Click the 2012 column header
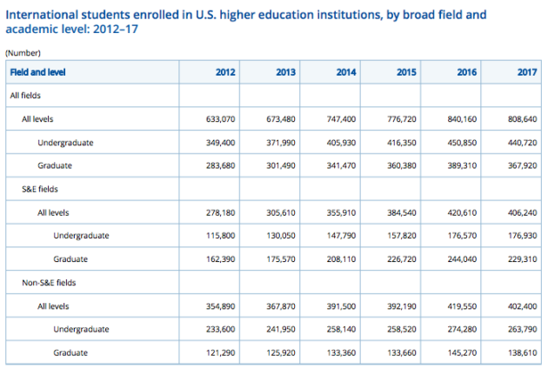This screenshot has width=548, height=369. pos(225,72)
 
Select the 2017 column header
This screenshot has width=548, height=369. pos(527,72)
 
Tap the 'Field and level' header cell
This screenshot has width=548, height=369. pos(37,72)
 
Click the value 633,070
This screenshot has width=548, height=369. pos(221,119)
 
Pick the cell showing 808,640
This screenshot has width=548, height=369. pos(523,119)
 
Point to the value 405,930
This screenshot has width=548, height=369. pos(341,143)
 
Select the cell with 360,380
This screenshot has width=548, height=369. pos(402,165)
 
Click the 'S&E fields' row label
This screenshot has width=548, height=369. pos(40,189)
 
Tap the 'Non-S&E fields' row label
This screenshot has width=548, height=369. pos(49,283)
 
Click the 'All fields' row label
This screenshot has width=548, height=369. pos(25,96)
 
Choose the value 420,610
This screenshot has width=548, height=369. pos(462,212)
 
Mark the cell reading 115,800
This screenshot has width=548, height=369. pos(221,235)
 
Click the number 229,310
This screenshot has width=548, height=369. pos(523,259)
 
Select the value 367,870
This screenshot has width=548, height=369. pos(281,306)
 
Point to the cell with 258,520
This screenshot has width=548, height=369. pos(402,329)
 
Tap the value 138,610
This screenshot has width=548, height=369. pos(523,353)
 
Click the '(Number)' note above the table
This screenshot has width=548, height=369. pos(23,53)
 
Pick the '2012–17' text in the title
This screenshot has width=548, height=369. pos(116,29)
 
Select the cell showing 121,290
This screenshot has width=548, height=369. pos(221,353)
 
